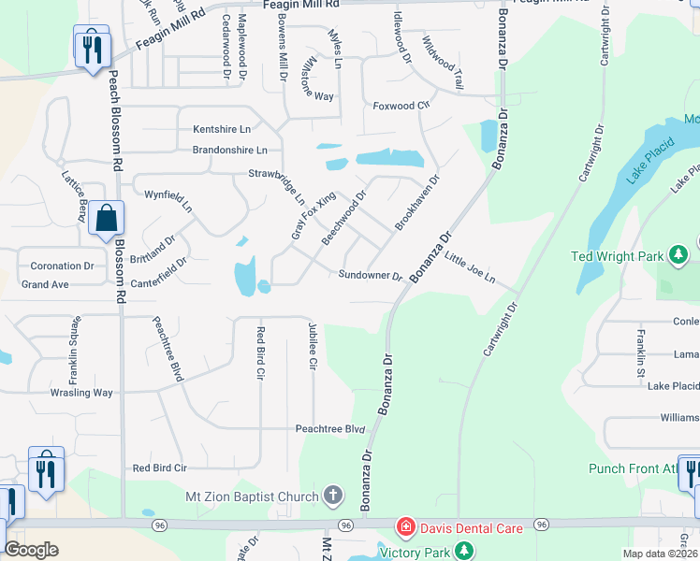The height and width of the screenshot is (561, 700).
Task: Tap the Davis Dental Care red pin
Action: pos(405,528)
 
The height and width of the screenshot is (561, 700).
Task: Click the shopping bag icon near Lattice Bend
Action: pos(106,218)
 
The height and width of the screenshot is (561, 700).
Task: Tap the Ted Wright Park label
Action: pos(617,255)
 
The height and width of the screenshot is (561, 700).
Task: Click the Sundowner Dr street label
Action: pos(370,276)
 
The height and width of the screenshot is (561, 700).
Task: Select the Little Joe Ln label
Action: pos(469,270)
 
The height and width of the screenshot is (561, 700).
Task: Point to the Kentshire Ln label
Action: pos(222,128)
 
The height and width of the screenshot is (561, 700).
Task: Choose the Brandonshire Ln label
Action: pos(229,150)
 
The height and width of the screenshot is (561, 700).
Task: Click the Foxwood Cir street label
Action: pos(401,106)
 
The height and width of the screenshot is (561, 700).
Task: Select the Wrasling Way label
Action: pos(81,393)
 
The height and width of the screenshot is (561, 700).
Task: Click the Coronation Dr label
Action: pos(62,266)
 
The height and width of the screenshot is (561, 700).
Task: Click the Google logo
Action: pos(31,550)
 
